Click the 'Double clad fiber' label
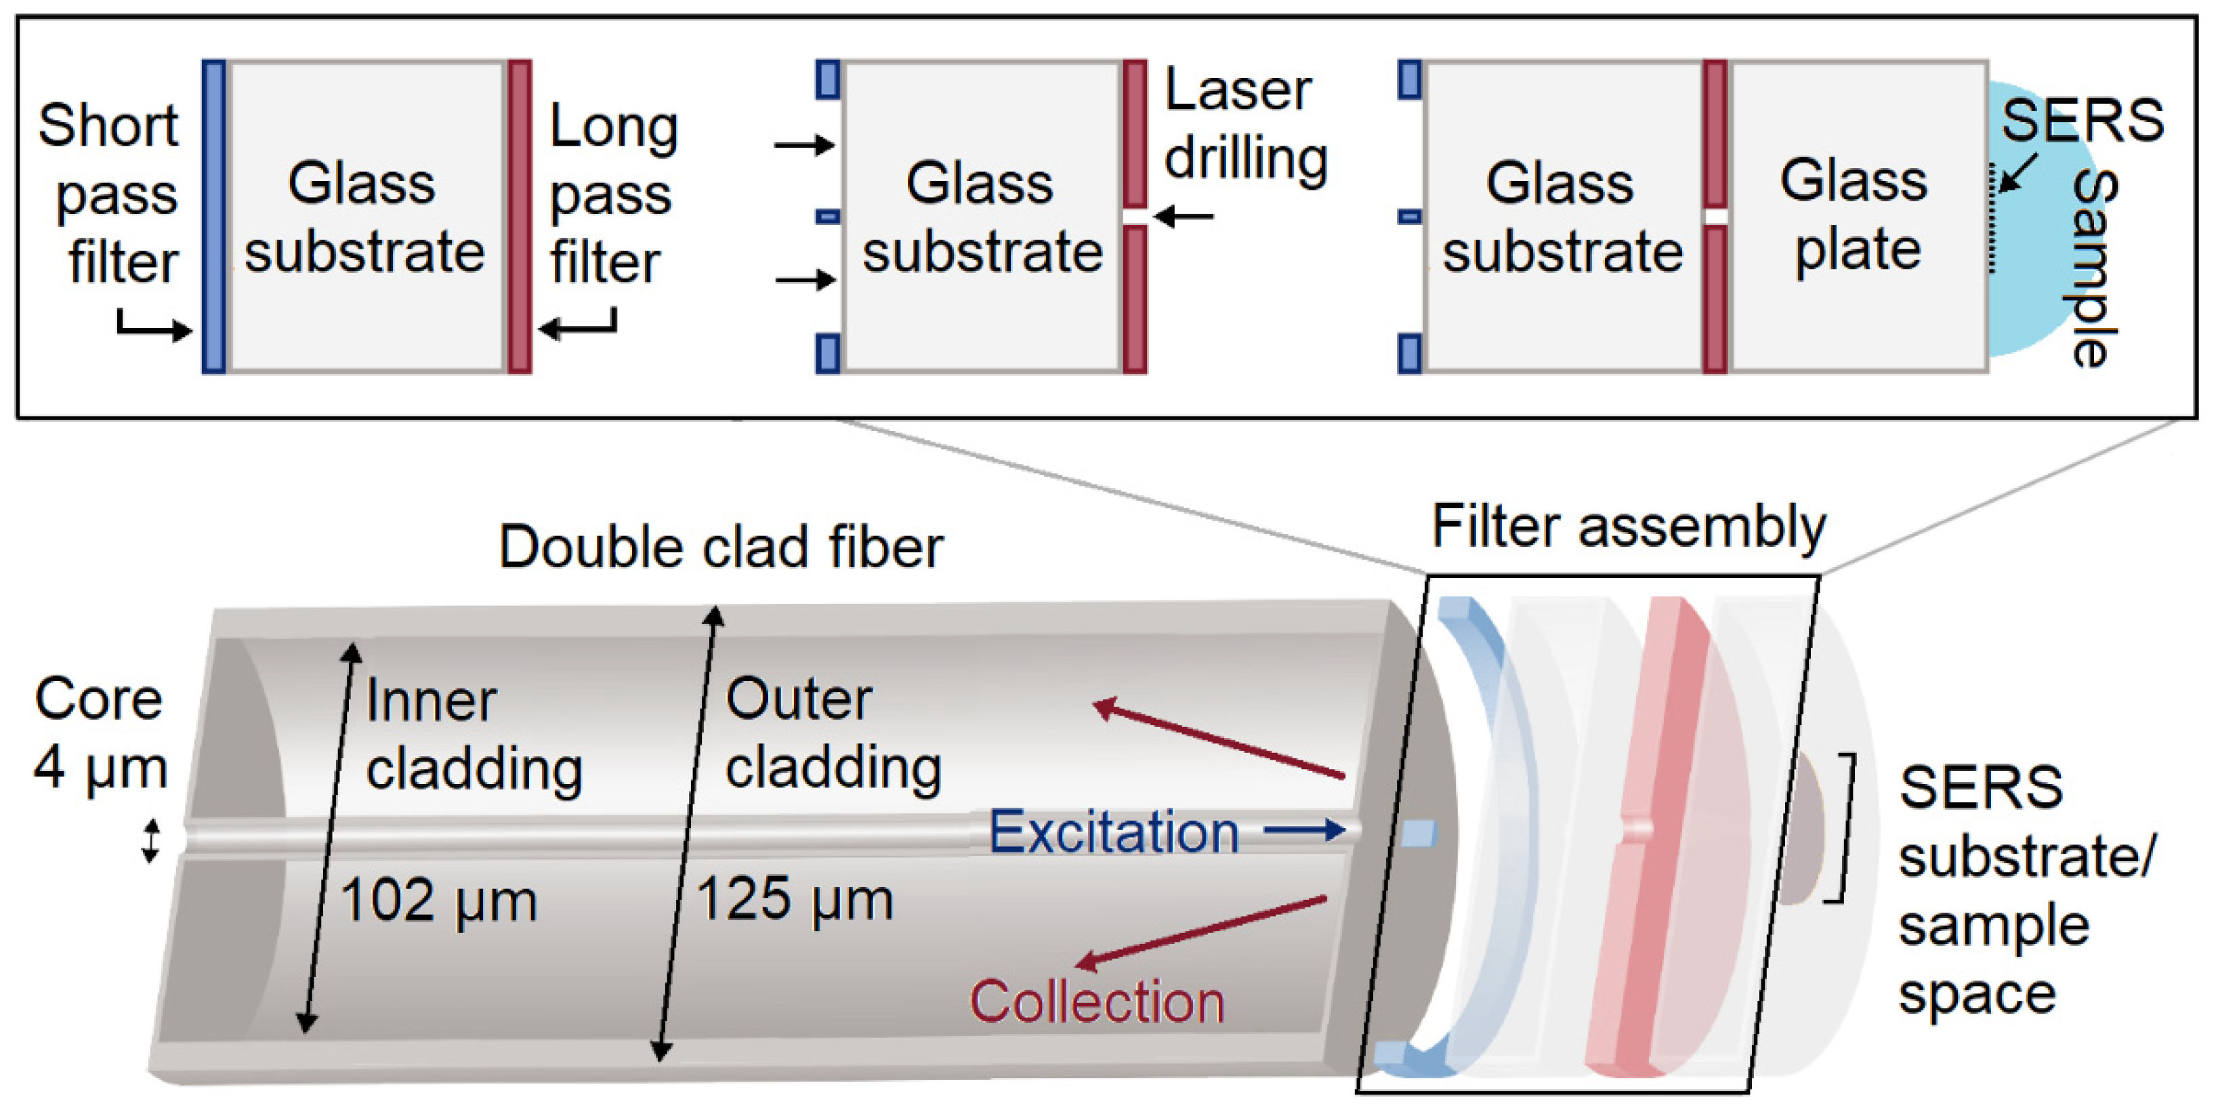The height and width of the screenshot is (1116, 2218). tap(721, 547)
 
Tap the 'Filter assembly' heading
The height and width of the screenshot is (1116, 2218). tap(1627, 527)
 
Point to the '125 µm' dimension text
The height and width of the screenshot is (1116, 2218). tap(794, 900)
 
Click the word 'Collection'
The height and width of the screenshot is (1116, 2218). tap(1096, 1002)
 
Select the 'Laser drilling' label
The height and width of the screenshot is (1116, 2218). tap(1245, 125)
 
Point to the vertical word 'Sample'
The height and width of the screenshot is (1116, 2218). tap(2094, 267)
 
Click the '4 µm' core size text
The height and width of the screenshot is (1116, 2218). tap(100, 768)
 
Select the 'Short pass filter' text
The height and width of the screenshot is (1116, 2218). tap(110, 194)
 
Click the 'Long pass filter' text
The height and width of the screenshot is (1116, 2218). tap(611, 194)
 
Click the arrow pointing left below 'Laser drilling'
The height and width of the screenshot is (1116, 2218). tap(1184, 216)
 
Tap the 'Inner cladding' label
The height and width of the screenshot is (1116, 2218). tap(474, 735)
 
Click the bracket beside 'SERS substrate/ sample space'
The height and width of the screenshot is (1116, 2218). tap(1843, 827)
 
